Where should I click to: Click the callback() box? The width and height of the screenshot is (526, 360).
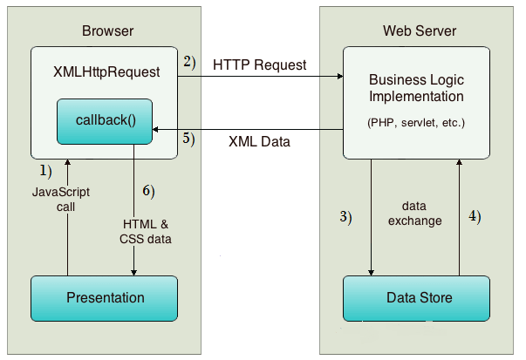click(105, 122)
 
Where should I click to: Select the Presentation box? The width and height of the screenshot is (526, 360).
click(105, 299)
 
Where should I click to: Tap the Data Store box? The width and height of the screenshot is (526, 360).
click(416, 299)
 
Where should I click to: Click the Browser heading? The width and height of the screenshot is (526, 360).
click(107, 31)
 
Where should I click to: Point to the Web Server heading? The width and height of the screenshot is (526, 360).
click(420, 31)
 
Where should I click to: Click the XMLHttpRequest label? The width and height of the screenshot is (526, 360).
click(106, 72)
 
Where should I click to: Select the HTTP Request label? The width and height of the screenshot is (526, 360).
click(260, 65)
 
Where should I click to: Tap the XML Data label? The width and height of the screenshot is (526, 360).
click(259, 141)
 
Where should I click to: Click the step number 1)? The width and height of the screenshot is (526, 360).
click(46, 171)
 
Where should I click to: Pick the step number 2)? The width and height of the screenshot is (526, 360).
click(189, 63)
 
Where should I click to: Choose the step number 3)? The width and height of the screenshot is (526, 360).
click(345, 217)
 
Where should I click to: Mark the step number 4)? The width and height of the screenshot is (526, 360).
click(475, 216)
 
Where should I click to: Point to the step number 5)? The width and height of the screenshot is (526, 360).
click(189, 139)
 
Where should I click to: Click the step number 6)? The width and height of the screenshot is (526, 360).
click(148, 191)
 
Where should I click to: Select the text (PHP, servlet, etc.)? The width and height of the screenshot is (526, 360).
click(416, 123)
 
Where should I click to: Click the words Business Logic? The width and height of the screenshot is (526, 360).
click(416, 80)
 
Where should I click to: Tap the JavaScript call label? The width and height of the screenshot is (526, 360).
click(61, 200)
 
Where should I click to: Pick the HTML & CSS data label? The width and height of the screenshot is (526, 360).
click(146, 232)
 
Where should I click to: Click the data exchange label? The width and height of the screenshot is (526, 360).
click(415, 214)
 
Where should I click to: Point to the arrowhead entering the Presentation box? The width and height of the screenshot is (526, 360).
click(133, 273)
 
